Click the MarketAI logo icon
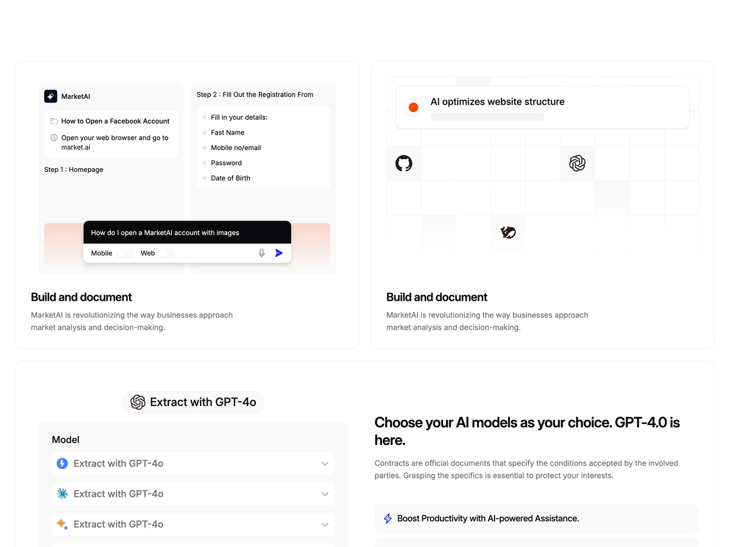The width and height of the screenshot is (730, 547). [x=51, y=96]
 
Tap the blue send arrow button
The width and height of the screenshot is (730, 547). [x=279, y=253]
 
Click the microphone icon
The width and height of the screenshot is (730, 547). [x=261, y=253]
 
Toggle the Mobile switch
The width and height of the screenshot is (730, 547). [x=125, y=253]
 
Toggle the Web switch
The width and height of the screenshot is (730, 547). [x=167, y=253]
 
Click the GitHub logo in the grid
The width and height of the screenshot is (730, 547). [x=403, y=163]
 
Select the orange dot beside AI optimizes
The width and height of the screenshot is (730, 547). [x=413, y=108]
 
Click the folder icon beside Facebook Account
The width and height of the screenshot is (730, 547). [x=54, y=121]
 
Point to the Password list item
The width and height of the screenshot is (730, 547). [x=226, y=163]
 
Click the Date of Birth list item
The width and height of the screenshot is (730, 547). [x=231, y=179]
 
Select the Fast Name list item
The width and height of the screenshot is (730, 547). [x=227, y=133]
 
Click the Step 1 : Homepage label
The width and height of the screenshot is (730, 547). [x=74, y=170]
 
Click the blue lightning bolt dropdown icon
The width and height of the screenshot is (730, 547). [x=62, y=463]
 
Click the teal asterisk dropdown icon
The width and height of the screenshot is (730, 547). [x=62, y=494]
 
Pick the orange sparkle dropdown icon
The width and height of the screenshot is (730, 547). [x=62, y=524]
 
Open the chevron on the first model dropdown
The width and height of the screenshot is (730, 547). [x=325, y=463]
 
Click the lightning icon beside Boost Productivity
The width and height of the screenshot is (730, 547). [x=387, y=519]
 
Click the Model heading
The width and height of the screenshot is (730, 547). [x=66, y=439]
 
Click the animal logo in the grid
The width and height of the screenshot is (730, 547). [x=508, y=232]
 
